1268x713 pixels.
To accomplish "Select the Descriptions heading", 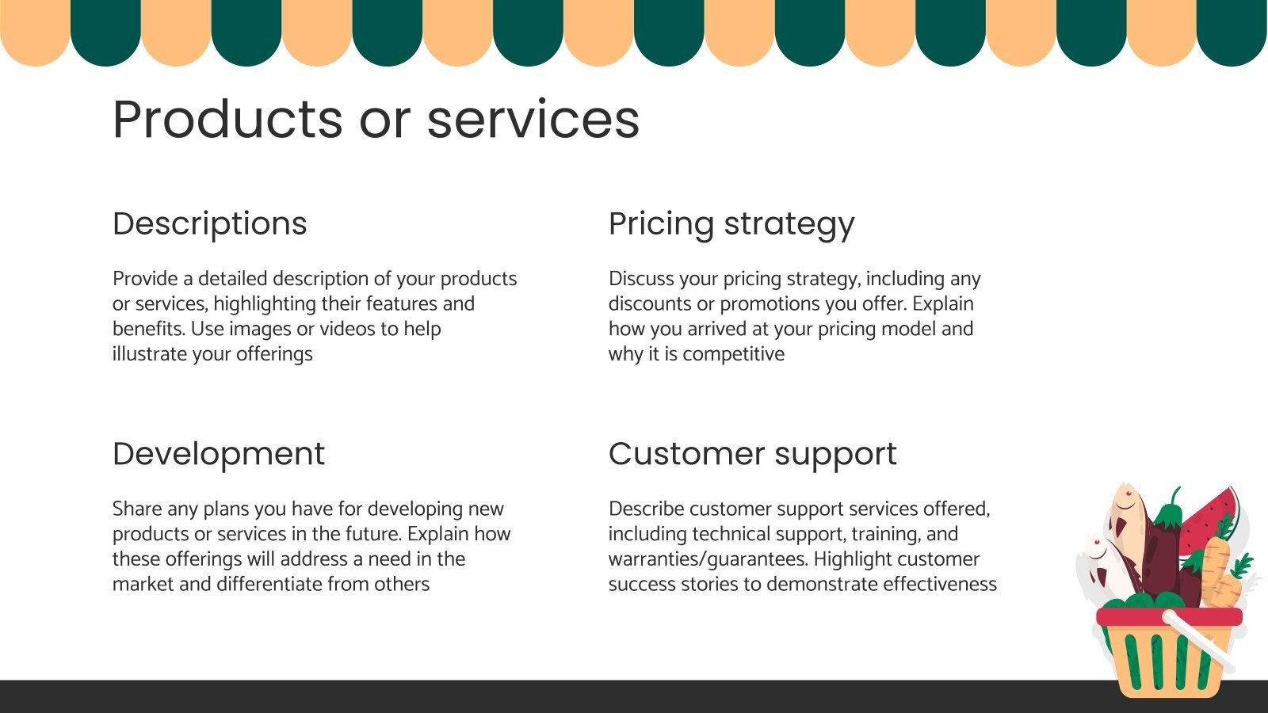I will [x=209, y=224].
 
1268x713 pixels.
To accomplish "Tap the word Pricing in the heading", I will [x=661, y=224].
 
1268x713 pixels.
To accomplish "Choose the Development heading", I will [x=218, y=454].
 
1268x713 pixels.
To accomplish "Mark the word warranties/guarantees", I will [x=708, y=559].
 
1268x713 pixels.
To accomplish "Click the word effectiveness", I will [x=940, y=584].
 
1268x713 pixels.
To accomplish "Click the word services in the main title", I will [x=533, y=120].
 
